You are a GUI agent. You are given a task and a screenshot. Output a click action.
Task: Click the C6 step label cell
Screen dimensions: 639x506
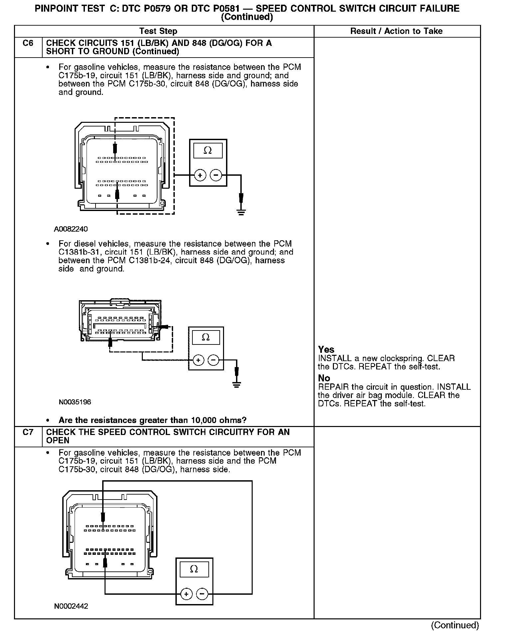click(x=28, y=43)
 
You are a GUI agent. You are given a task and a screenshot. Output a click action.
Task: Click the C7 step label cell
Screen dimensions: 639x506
click(x=28, y=432)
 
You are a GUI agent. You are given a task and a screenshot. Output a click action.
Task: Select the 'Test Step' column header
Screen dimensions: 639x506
click(x=158, y=31)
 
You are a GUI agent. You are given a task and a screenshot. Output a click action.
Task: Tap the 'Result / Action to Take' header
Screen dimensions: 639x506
click(x=396, y=31)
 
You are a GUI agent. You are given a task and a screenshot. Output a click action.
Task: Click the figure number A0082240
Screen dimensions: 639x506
click(x=71, y=229)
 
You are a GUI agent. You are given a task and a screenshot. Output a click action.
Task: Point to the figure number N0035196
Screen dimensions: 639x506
click(x=75, y=402)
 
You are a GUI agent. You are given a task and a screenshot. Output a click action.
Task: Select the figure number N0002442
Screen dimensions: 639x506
click(x=71, y=606)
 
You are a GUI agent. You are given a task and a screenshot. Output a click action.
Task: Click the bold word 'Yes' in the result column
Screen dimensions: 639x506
click(x=326, y=349)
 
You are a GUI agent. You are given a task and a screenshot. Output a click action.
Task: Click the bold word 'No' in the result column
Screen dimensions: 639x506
click(x=324, y=378)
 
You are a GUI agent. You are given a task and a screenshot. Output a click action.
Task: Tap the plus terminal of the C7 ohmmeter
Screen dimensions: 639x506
click(x=186, y=594)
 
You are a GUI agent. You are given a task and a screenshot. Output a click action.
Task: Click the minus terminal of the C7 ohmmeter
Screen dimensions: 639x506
click(x=202, y=594)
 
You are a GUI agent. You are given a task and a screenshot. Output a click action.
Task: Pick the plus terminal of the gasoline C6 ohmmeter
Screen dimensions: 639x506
click(x=200, y=175)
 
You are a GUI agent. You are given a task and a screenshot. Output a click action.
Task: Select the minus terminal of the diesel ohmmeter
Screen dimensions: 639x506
click(x=213, y=360)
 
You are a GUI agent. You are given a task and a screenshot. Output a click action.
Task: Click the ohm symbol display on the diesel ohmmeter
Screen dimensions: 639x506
click(x=206, y=337)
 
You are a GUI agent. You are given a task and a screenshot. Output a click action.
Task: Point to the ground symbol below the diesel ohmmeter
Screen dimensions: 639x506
click(x=236, y=385)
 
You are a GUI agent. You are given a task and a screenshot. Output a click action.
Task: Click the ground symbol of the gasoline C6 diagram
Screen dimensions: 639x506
click(x=241, y=212)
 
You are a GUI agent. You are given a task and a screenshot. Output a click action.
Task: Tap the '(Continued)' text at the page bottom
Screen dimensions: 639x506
click(x=455, y=625)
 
